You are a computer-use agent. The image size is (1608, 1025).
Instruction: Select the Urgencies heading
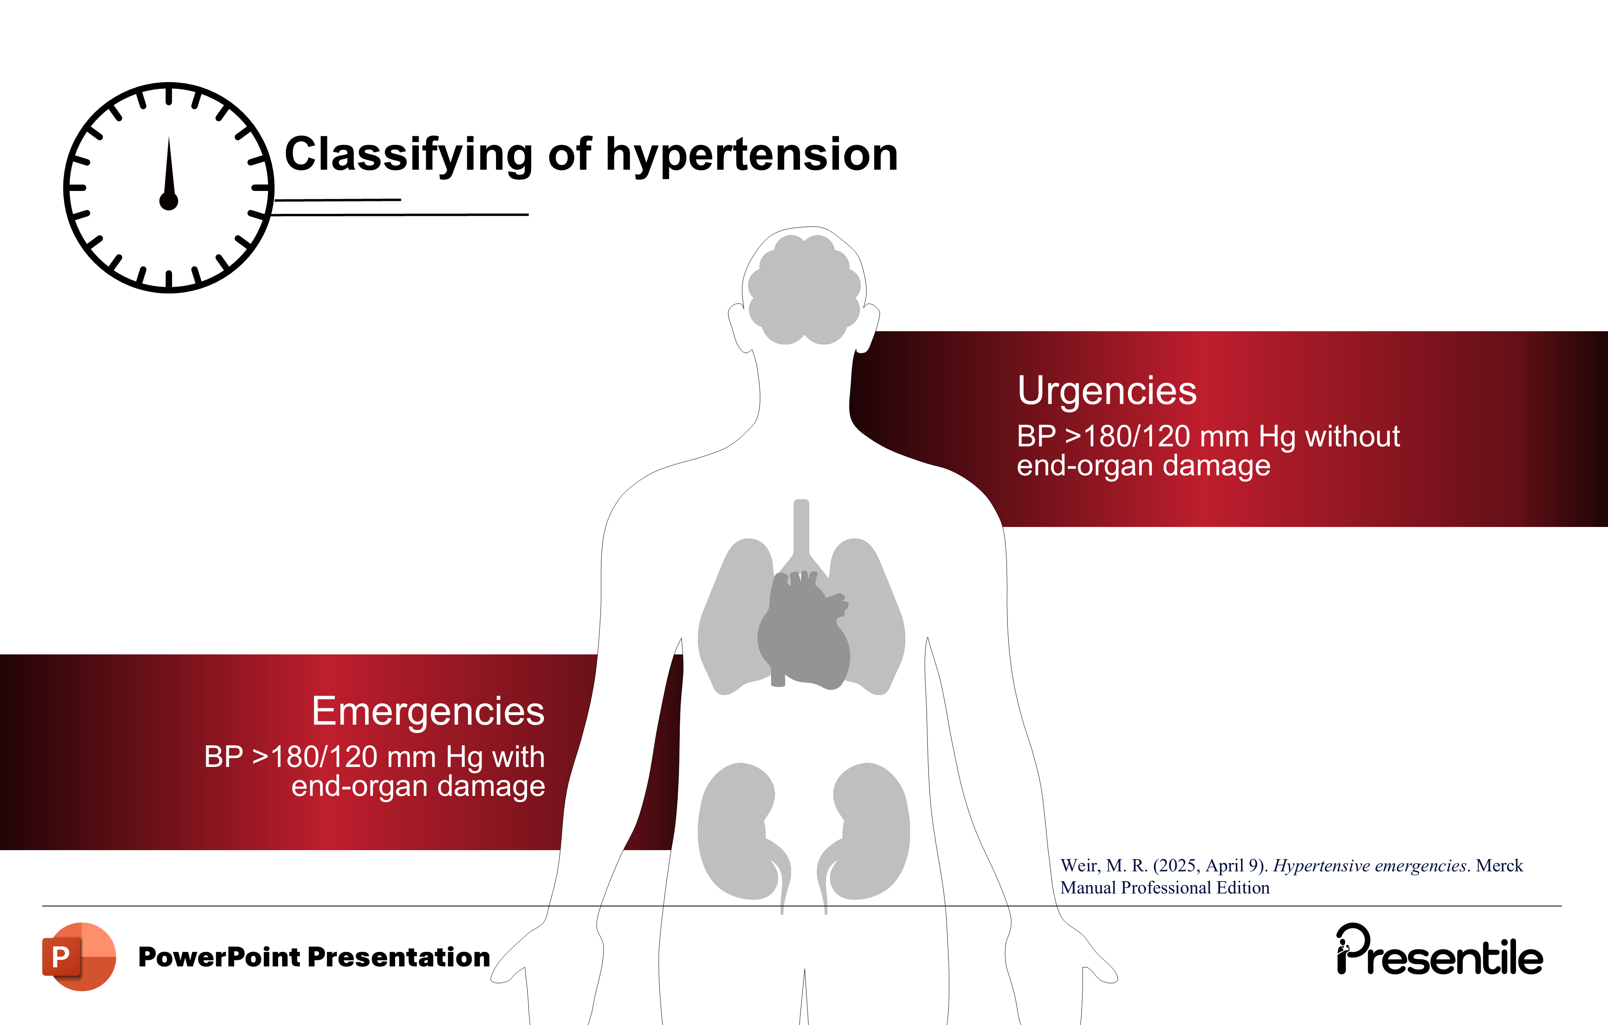pyautogui.click(x=1106, y=391)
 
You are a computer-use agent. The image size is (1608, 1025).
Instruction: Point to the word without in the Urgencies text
pyautogui.click(x=1352, y=437)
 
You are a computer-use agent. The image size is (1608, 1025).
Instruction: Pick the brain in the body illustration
pyautogui.click(x=804, y=289)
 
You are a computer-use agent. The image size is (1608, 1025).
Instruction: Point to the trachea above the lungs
pyautogui.click(x=801, y=527)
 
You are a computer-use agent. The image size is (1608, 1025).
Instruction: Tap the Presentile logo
pyautogui.click(x=1439, y=950)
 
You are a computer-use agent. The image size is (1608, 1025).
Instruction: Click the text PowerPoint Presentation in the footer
pyautogui.click(x=314, y=957)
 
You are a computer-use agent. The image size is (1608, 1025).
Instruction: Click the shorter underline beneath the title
pyautogui.click(x=337, y=199)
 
